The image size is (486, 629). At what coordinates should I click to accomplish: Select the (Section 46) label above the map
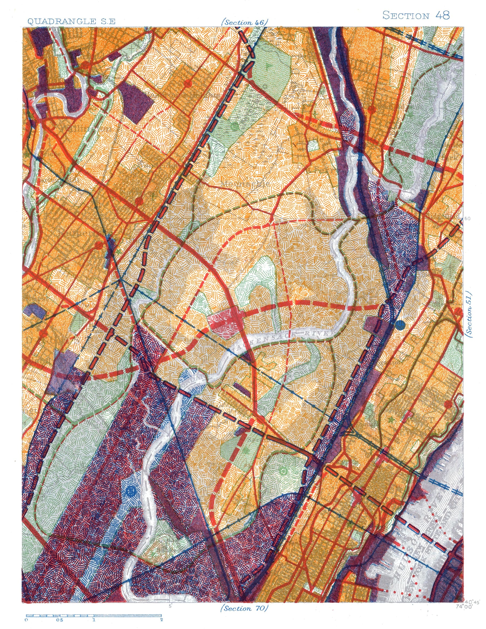pyautogui.click(x=244, y=22)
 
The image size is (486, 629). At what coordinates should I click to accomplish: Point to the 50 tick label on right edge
pyautogui.click(x=467, y=219)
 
